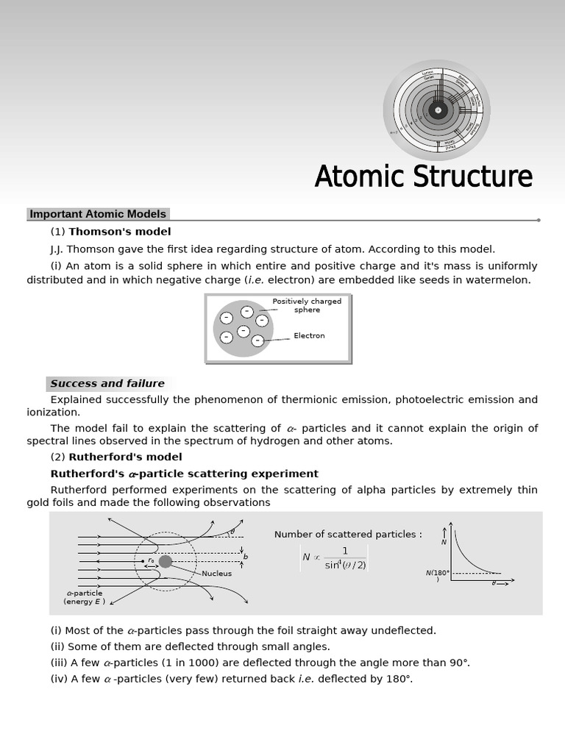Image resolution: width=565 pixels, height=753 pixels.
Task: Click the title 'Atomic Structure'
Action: tap(423, 177)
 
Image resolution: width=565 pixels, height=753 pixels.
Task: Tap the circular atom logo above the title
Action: tap(437, 110)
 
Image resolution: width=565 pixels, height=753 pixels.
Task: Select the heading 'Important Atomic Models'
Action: tap(98, 214)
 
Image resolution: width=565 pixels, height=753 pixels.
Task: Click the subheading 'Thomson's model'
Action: tap(119, 232)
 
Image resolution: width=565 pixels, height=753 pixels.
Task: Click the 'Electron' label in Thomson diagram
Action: tap(309, 336)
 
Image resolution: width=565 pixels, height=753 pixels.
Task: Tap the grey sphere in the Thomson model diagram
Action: tap(243, 329)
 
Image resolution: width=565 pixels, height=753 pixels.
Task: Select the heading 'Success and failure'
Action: tap(107, 383)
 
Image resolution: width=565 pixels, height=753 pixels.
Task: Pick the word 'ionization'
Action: tap(53, 413)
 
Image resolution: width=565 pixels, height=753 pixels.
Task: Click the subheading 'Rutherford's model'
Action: tap(125, 457)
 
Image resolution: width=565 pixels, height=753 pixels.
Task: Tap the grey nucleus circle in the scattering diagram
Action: tap(166, 561)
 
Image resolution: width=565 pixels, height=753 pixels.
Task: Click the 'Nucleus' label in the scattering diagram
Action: tap(216, 574)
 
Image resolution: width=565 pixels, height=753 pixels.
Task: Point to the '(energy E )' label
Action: tap(84, 602)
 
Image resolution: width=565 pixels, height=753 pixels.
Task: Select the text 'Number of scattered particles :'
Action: tap(348, 535)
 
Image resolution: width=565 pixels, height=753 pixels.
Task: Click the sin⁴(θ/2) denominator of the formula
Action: tap(345, 565)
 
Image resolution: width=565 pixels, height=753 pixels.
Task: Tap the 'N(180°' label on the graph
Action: tap(437, 573)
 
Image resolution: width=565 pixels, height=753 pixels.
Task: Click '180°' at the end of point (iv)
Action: tap(398, 679)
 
